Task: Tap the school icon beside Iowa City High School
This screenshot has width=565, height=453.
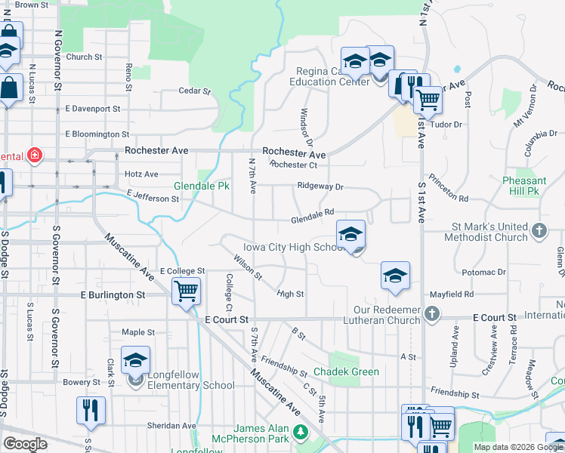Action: (x=351, y=235)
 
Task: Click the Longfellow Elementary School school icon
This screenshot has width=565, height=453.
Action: (x=135, y=361)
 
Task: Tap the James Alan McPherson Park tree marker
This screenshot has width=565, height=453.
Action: (x=301, y=433)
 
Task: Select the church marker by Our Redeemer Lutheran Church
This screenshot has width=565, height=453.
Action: (x=431, y=313)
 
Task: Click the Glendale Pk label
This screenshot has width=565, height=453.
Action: (x=202, y=186)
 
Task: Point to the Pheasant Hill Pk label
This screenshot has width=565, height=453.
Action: (x=524, y=186)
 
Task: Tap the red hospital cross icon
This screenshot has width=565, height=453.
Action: (x=34, y=156)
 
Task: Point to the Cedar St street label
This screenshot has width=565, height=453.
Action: (x=194, y=91)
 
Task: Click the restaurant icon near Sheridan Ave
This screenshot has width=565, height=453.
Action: (x=90, y=410)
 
